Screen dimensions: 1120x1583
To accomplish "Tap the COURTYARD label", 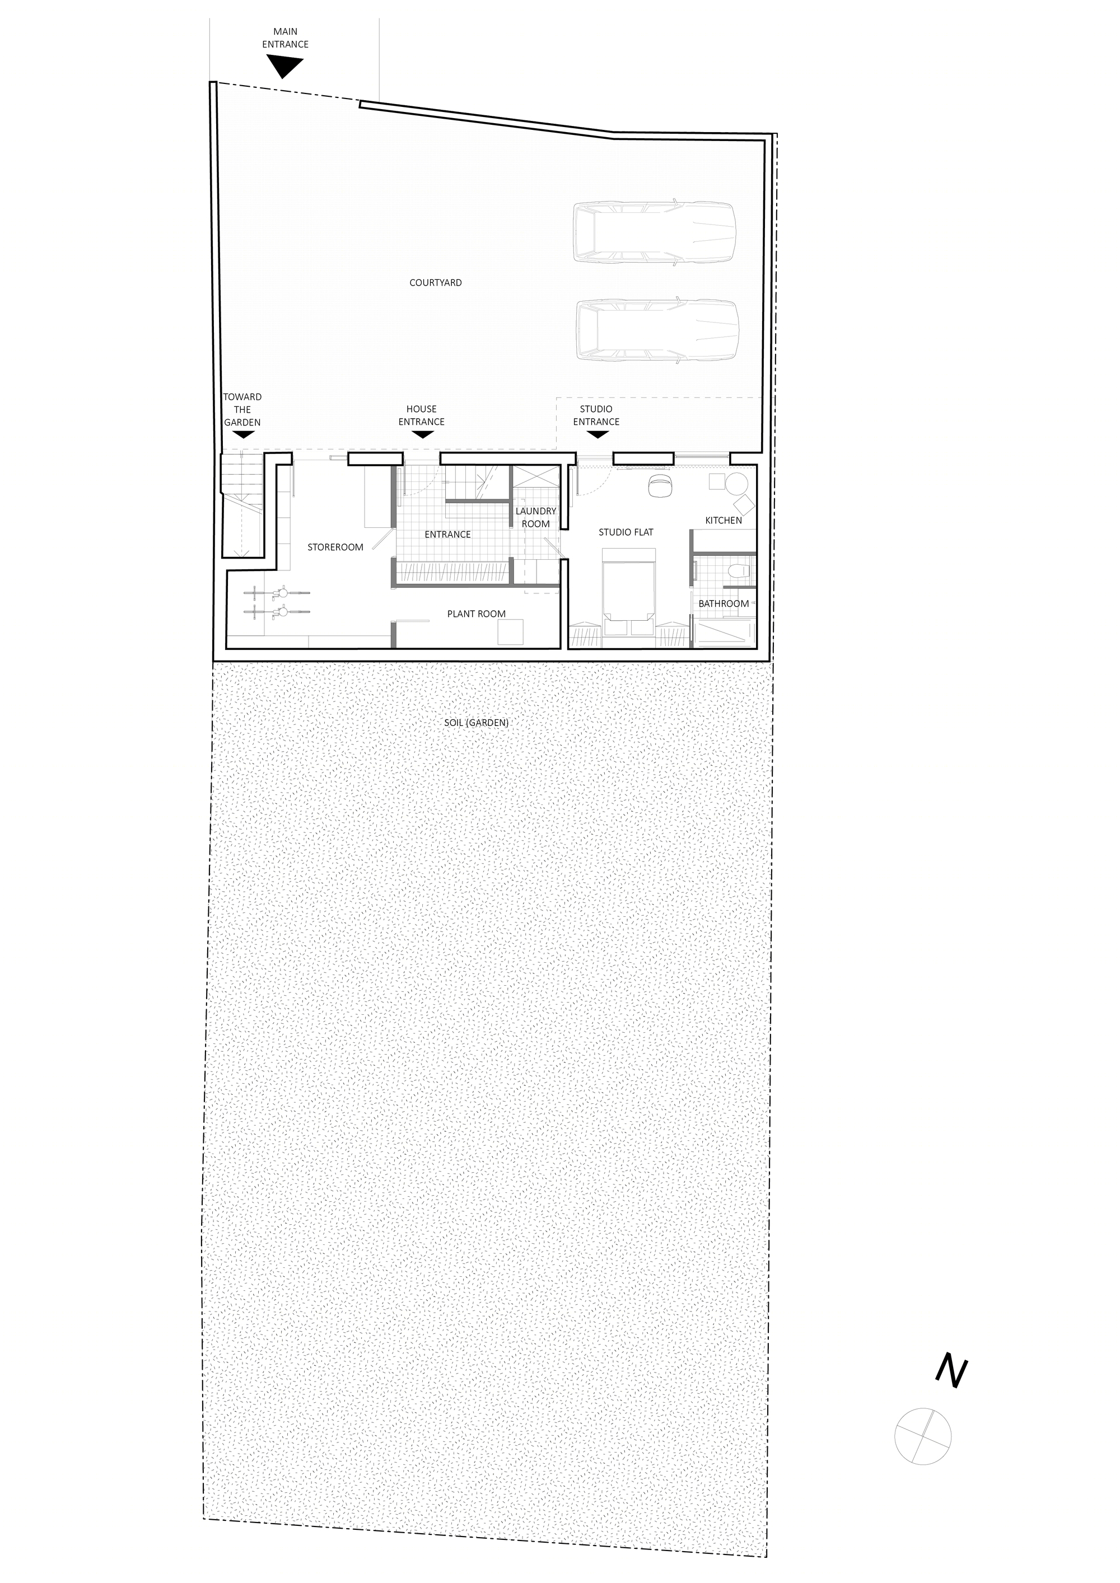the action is [x=435, y=283].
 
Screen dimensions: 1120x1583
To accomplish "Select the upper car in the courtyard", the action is [x=655, y=233].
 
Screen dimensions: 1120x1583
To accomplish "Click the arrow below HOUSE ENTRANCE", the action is [x=421, y=434].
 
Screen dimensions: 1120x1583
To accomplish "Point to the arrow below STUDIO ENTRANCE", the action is [x=598, y=434].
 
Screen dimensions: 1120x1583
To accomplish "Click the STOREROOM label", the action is [x=335, y=547].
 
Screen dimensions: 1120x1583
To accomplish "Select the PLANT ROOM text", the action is [x=476, y=613].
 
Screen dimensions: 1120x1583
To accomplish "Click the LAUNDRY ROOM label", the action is [x=536, y=517].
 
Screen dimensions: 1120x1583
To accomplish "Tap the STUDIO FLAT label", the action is [x=626, y=532].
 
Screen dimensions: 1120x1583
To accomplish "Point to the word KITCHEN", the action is [x=724, y=521].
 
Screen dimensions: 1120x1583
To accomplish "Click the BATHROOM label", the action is [x=724, y=604].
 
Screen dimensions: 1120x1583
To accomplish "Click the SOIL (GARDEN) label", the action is [x=477, y=723].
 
